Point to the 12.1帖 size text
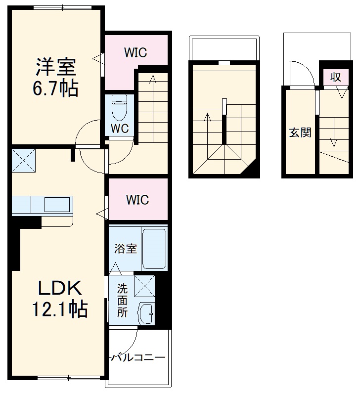tap(59, 309)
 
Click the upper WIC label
tap(135, 52)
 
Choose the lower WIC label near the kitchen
tap(137, 200)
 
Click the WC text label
tap(120, 129)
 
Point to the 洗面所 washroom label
tap(122, 300)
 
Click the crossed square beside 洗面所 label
tap(144, 286)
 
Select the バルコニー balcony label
tap(138, 357)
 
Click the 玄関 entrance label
tap(300, 132)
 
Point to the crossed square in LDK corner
tap(23, 159)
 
